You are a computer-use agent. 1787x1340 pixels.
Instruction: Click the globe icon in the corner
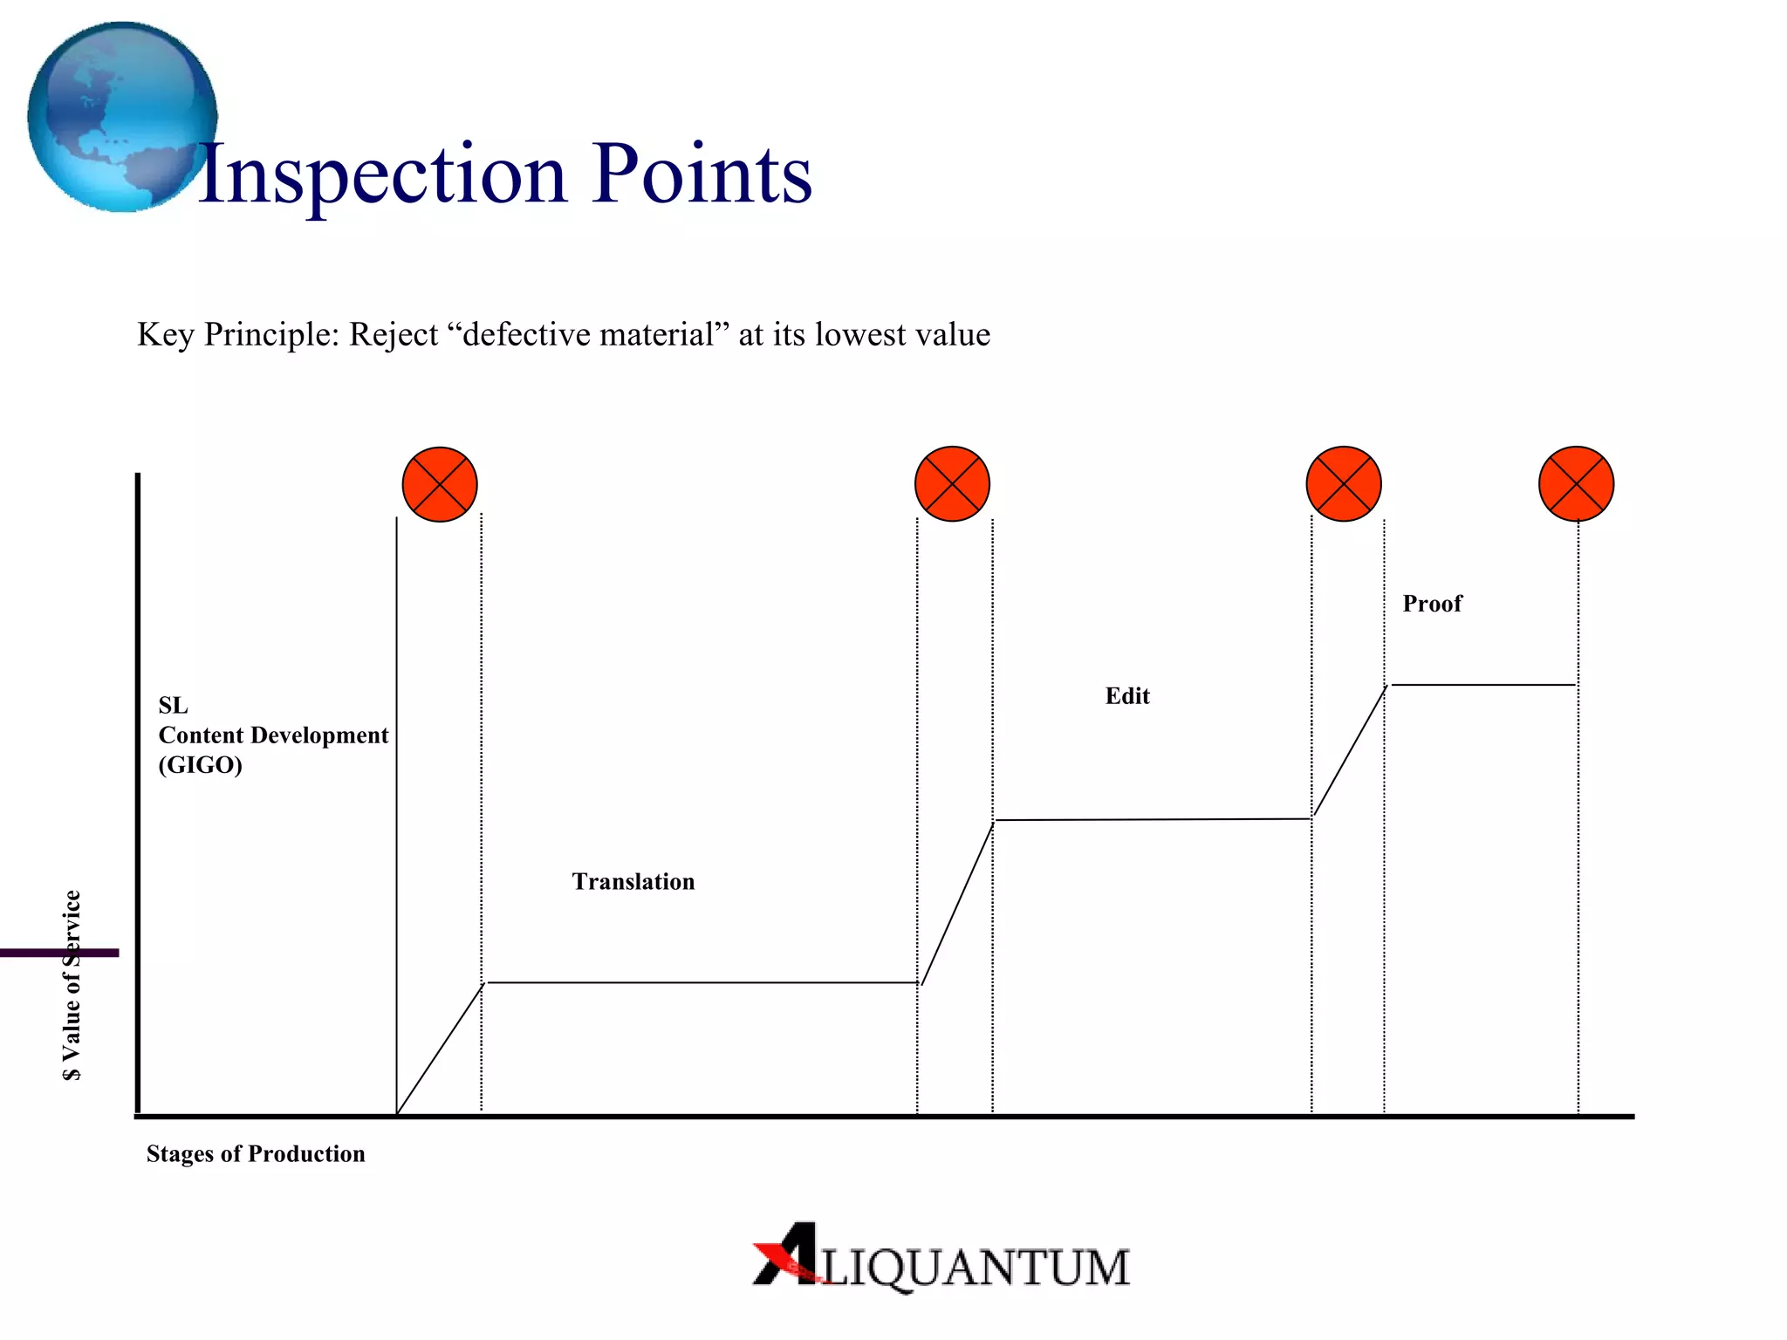(122, 117)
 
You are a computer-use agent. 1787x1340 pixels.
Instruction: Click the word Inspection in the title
(382, 175)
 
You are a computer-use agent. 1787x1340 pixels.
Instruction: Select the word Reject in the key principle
(394, 335)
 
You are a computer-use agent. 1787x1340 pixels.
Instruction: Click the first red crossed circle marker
(440, 484)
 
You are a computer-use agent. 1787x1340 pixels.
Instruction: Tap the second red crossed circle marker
(952, 484)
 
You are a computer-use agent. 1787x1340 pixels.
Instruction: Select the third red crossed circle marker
(1344, 484)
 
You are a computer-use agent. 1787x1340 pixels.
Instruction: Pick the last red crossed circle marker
(1576, 484)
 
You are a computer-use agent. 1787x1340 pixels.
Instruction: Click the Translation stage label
(633, 882)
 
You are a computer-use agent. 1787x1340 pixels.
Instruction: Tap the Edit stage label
(1127, 696)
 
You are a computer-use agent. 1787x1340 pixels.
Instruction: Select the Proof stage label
(1432, 604)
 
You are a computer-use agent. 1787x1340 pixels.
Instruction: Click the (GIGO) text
(200, 765)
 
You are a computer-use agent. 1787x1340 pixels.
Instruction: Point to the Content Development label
(273, 735)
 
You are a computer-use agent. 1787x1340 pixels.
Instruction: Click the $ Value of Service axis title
(72, 986)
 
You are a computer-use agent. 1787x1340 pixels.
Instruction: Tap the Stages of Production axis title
(256, 1154)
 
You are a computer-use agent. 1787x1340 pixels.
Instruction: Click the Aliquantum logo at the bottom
(941, 1259)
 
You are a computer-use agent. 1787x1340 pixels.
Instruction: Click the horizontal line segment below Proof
(1483, 685)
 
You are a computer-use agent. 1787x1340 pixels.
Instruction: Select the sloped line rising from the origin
(440, 1049)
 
